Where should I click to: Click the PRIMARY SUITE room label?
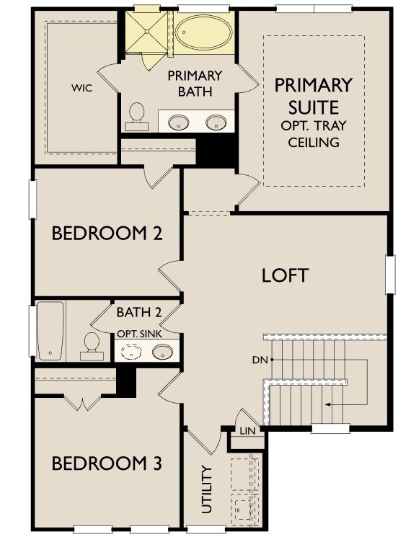(x=313, y=97)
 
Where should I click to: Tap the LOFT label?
(x=285, y=275)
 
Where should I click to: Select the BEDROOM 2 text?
(x=106, y=234)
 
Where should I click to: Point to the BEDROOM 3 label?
(x=106, y=463)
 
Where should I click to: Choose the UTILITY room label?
(x=207, y=489)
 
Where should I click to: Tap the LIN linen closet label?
(x=247, y=430)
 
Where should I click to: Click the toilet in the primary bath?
(x=136, y=117)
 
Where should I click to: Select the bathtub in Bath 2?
(x=51, y=331)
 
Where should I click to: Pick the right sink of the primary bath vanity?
(x=216, y=123)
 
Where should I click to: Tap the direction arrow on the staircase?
(x=327, y=404)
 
